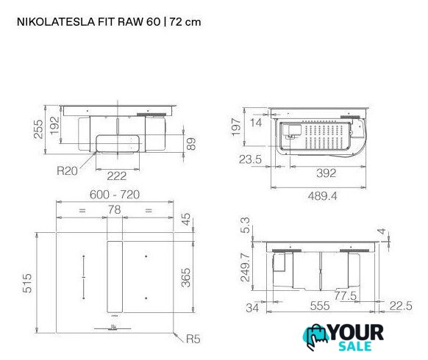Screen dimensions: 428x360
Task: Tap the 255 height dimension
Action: coord(38,129)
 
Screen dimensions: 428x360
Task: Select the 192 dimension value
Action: coord(54,126)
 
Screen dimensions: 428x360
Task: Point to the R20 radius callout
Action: coord(67,170)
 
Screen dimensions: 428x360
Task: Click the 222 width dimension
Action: coord(116,176)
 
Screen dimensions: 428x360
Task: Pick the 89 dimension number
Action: coord(191,144)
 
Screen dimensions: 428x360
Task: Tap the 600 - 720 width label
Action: coord(115,195)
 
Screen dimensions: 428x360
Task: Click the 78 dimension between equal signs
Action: coord(114,209)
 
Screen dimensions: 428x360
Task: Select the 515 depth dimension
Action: coord(27,283)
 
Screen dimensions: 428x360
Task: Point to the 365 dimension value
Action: coord(186,278)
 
